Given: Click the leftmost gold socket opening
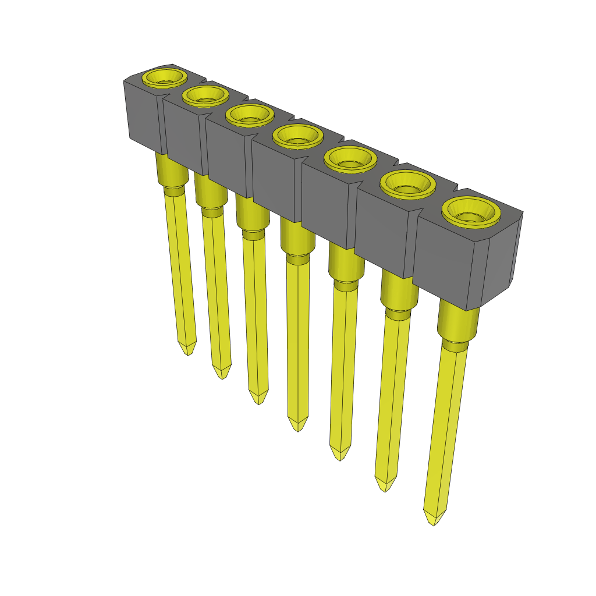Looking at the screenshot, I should point(165,77).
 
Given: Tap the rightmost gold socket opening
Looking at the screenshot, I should point(472,211).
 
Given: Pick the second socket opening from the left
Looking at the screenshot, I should point(204,95).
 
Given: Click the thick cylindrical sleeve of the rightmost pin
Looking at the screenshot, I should point(457,322).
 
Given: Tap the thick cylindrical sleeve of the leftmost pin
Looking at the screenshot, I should point(171,170).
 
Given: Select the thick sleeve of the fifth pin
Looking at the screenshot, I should point(346,262).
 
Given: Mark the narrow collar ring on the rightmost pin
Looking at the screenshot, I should point(454,347).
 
